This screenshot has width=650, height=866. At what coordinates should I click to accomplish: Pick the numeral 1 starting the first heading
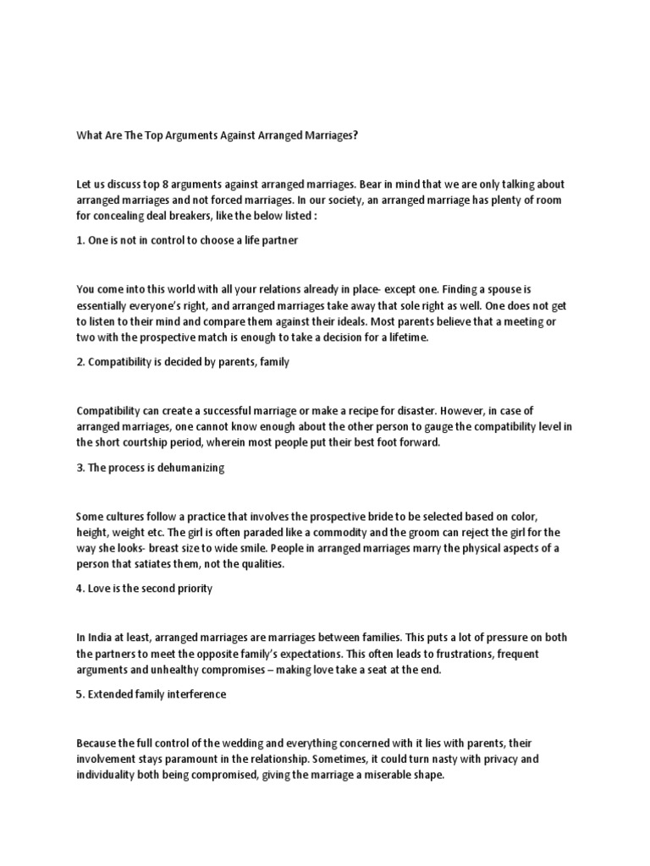79,240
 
